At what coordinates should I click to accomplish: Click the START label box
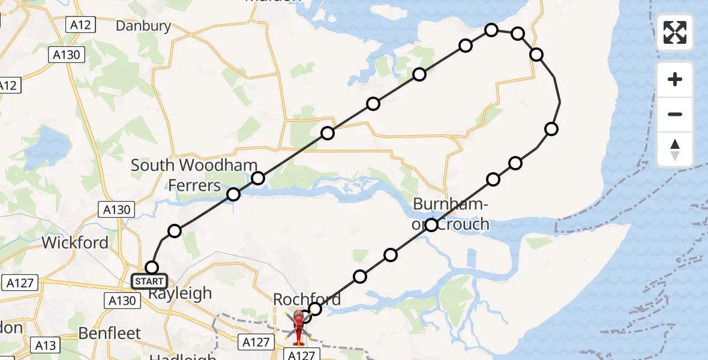[x=149, y=281]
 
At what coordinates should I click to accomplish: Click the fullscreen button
[x=675, y=32]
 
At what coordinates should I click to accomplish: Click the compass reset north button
[x=675, y=150]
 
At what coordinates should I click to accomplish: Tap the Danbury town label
[x=143, y=26]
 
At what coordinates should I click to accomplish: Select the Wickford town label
[x=75, y=242]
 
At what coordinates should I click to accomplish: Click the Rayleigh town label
[x=179, y=293]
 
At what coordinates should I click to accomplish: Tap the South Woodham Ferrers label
[x=194, y=175]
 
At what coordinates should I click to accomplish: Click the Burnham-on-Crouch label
[x=451, y=215]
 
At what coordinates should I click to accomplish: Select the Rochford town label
[x=307, y=299]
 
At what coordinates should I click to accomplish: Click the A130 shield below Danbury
[x=67, y=55]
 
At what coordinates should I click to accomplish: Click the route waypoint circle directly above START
[x=152, y=268]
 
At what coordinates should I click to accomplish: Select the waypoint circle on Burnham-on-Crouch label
[x=431, y=225]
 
